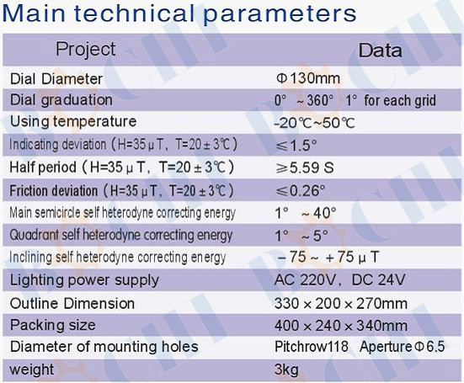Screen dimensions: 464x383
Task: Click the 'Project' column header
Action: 86,50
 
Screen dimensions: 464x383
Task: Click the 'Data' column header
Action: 381,51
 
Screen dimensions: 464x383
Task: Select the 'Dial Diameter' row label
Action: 56,79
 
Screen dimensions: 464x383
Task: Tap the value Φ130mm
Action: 308,78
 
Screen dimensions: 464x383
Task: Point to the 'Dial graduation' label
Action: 61,100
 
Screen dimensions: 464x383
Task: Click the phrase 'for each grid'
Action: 400,100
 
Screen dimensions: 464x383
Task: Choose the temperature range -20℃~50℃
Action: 315,123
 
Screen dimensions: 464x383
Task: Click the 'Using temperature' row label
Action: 73,121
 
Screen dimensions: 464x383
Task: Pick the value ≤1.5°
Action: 296,146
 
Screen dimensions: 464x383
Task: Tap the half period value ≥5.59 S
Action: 305,168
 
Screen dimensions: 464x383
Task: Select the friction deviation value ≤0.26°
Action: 300,190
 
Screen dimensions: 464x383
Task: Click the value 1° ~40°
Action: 306,213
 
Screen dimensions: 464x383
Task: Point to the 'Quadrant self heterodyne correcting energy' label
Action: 120,236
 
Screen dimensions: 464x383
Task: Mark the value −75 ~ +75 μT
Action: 328,257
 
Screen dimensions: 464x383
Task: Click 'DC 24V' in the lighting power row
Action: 378,279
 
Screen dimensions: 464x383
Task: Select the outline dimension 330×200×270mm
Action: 341,303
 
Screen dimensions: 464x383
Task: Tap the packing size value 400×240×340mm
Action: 341,326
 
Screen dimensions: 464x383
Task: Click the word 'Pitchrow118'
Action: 312,347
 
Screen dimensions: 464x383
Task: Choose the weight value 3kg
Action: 286,370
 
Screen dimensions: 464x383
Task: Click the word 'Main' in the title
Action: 34,13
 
